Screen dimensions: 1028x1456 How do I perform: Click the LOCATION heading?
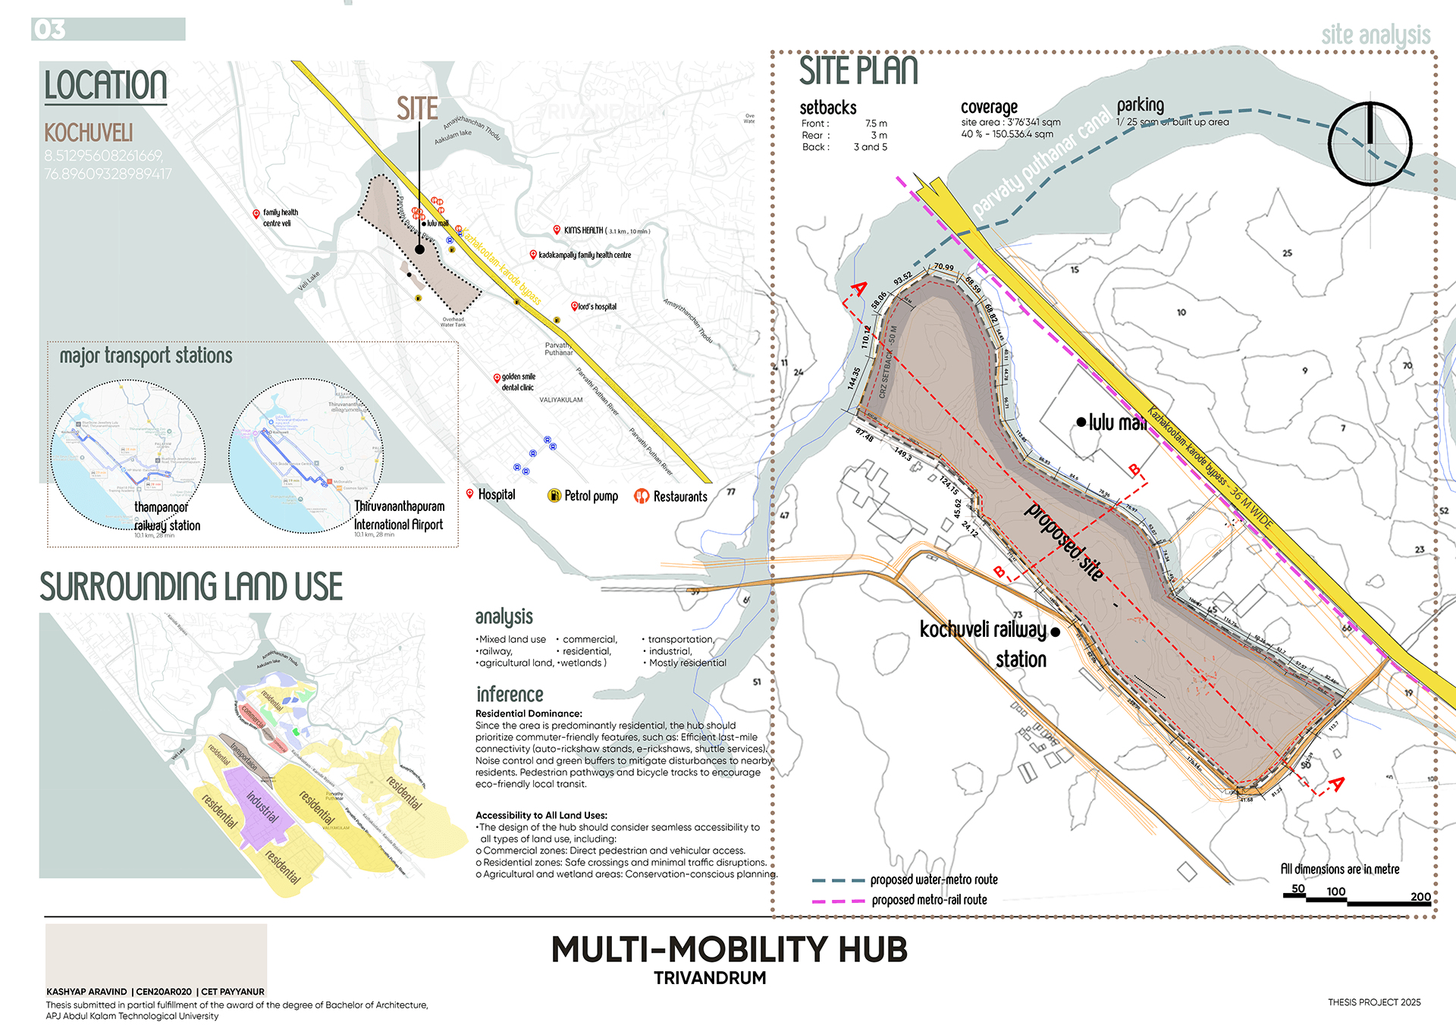click(x=105, y=85)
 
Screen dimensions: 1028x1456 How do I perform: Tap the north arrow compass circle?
click(x=1370, y=143)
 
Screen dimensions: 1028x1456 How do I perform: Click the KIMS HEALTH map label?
click(x=583, y=230)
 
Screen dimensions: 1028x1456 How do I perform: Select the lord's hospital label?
click(x=597, y=307)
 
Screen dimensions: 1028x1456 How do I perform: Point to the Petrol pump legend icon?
click(x=554, y=496)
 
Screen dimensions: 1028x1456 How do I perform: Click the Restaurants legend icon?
click(x=642, y=497)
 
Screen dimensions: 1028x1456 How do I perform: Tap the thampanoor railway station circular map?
click(x=127, y=454)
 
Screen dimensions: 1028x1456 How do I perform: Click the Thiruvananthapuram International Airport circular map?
click(x=306, y=456)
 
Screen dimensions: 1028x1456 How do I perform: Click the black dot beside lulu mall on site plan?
click(x=1081, y=422)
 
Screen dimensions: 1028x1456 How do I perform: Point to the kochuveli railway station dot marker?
click(x=1055, y=632)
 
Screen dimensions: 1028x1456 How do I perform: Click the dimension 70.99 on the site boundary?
click(x=943, y=267)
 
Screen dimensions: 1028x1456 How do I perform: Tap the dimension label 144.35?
click(x=855, y=378)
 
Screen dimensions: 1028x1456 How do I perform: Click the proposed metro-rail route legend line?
click(x=838, y=901)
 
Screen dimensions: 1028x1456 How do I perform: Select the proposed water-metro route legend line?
click(x=838, y=881)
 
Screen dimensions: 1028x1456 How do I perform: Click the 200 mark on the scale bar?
click(x=1420, y=897)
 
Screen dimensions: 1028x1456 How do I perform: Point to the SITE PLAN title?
click(x=858, y=71)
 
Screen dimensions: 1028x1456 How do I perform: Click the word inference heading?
click(x=510, y=694)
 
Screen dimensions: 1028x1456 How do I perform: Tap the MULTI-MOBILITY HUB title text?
click(x=729, y=949)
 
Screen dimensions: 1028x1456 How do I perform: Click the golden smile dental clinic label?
click(x=518, y=382)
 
